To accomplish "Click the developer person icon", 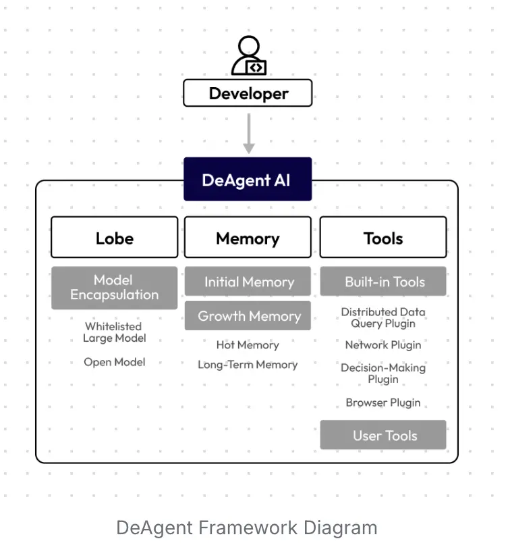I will (x=248, y=56).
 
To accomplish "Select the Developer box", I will (x=248, y=93).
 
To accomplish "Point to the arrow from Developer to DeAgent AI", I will (x=248, y=134).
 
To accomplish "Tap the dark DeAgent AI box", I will (x=248, y=180).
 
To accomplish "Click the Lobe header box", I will (x=114, y=238).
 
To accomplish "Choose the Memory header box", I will (x=248, y=238).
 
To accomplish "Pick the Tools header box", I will (x=382, y=238).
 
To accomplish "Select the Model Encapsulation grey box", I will (x=114, y=288).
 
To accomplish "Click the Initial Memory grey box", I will (x=248, y=282).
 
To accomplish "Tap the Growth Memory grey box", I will (x=248, y=316).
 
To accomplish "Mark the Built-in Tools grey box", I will (x=383, y=282).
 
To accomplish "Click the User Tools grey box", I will (x=383, y=436).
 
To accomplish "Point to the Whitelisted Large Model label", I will (x=114, y=332).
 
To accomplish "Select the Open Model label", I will (x=114, y=362).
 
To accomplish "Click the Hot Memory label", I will (x=248, y=345).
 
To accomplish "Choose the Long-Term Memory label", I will (x=248, y=365).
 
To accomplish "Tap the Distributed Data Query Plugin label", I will (x=383, y=317).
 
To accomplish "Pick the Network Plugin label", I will (x=383, y=345).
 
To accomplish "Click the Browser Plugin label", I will (x=383, y=403).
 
